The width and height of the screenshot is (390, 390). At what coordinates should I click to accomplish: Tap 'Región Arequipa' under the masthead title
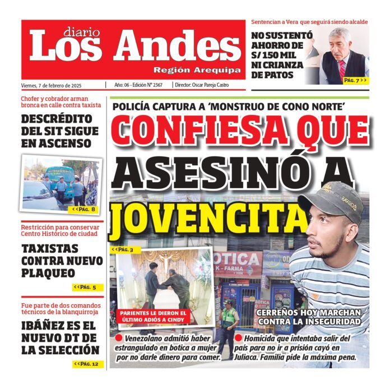tap(197, 70)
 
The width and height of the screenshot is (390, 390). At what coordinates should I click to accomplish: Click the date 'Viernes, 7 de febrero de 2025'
tap(52, 85)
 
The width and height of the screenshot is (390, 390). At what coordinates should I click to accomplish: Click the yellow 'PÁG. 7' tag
tap(355, 80)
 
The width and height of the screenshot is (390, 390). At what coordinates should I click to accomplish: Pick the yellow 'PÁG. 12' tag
tap(85, 364)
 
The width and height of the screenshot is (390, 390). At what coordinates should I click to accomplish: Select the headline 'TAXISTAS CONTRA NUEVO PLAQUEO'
tap(58, 261)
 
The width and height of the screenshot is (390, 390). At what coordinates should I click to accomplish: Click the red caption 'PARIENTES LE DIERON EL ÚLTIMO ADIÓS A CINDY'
tap(152, 316)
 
